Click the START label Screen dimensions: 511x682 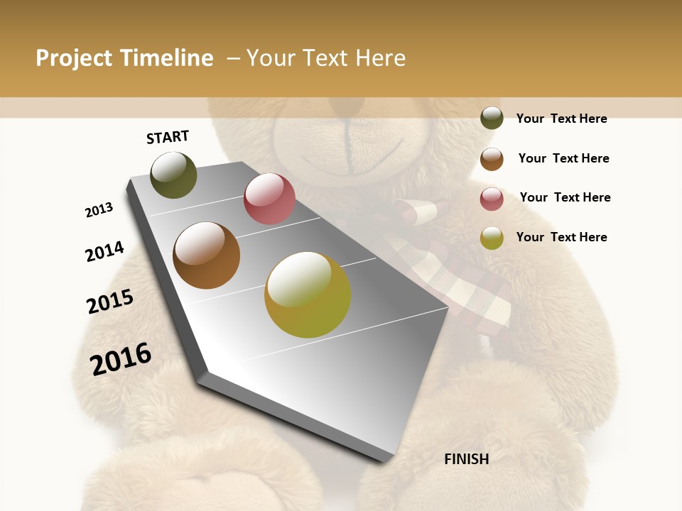[x=168, y=137]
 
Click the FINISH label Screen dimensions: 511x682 [x=466, y=459]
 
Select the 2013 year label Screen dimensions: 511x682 [x=99, y=210]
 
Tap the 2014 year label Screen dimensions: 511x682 [x=104, y=251]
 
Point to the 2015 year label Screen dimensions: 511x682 [x=110, y=302]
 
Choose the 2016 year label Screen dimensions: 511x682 [x=121, y=358]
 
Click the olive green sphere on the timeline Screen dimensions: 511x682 [x=173, y=175]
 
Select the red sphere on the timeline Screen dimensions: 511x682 [x=269, y=199]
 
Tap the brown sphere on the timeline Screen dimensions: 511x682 [x=206, y=255]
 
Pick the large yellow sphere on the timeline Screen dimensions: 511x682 [x=308, y=294]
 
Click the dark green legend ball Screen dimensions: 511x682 [x=492, y=118]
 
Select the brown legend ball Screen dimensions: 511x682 [x=492, y=158]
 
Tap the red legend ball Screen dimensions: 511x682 [x=492, y=199]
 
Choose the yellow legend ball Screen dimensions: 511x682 [x=492, y=238]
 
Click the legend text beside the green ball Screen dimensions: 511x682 [x=561, y=119]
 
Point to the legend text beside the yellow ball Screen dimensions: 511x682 [x=561, y=237]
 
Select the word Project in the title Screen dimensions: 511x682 [x=74, y=58]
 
